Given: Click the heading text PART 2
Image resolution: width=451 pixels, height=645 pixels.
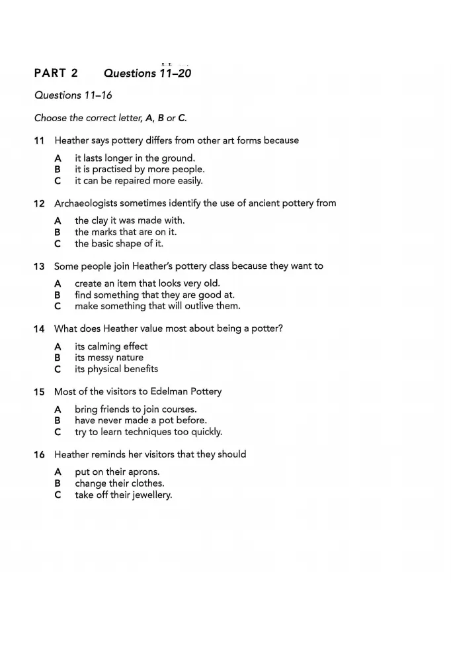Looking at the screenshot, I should pos(56,73).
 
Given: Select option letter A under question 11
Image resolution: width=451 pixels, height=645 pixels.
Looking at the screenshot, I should pos(58,158).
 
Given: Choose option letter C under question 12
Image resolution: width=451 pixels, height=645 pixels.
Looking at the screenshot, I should pos(58,244).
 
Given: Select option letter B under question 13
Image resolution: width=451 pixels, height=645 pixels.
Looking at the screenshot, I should pos(58,295).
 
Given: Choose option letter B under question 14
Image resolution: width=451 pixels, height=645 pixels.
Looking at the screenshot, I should pos(58,358).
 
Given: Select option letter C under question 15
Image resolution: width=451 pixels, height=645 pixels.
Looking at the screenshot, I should pos(58,432).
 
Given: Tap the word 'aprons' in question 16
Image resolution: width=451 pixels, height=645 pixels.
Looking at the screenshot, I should pos(143,472).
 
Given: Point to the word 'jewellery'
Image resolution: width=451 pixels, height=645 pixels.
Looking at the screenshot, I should pos(148,495).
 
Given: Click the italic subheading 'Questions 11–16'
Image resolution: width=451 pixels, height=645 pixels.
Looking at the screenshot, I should pos(73,95).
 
